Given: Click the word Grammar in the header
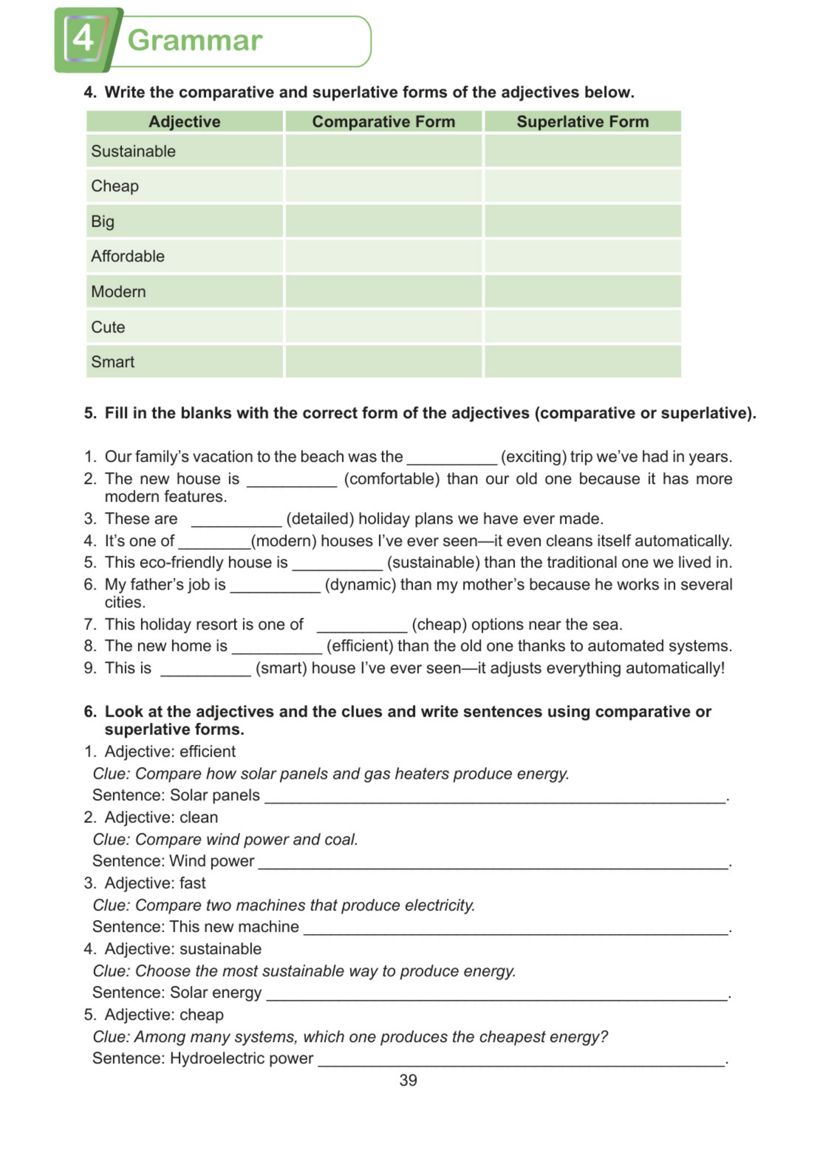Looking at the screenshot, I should tap(195, 40).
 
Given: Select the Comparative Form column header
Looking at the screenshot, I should tap(383, 122).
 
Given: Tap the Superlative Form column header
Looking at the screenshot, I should tap(583, 122).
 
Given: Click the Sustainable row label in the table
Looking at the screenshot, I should tap(133, 151).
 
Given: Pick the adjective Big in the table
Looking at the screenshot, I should tap(102, 221).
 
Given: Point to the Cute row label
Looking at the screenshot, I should tap(108, 327).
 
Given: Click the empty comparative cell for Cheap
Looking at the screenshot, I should tap(383, 186).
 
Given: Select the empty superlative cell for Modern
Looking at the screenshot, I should tap(583, 291).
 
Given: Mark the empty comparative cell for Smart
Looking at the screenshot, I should tap(383, 362).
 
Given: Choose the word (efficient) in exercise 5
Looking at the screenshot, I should tap(359, 645).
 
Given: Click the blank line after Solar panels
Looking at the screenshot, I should tap(495, 797).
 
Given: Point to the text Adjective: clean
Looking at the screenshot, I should tap(161, 817).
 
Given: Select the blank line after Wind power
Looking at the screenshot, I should tap(493, 863).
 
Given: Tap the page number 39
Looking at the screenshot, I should tap(408, 1080).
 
